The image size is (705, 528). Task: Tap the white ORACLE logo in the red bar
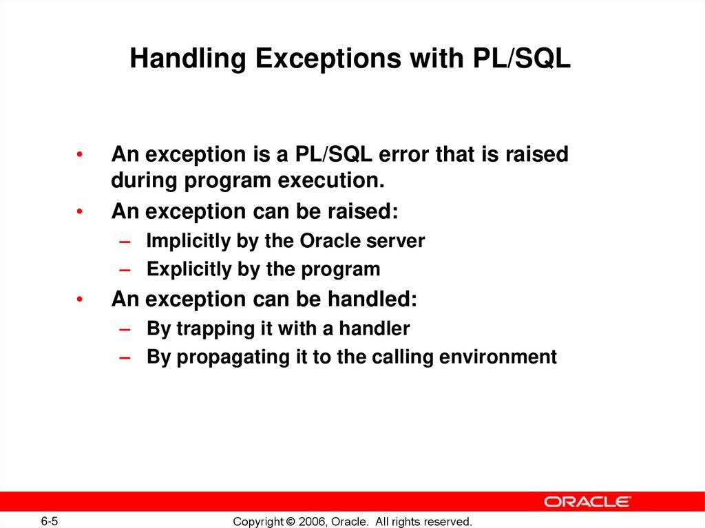point(587,501)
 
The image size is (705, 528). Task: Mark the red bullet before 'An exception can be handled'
point(81,300)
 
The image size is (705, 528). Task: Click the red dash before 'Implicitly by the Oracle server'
point(123,242)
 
